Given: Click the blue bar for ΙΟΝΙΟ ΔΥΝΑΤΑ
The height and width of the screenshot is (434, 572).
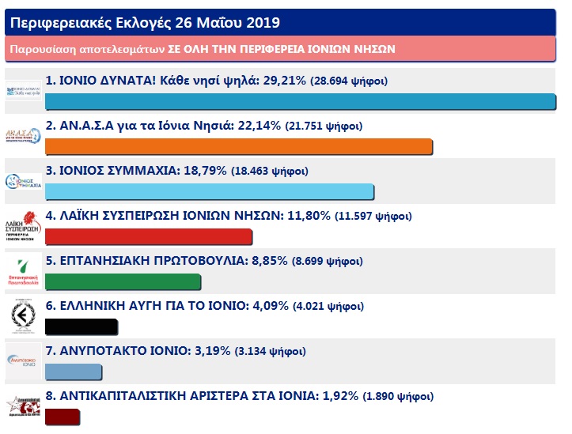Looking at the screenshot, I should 301,102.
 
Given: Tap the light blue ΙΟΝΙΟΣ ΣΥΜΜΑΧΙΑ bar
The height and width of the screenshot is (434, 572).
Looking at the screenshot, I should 210,192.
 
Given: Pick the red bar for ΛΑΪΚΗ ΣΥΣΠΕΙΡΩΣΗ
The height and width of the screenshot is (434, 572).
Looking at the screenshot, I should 149,237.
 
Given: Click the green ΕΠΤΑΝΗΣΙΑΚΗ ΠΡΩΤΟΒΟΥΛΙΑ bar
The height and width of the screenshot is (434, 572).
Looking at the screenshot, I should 123,282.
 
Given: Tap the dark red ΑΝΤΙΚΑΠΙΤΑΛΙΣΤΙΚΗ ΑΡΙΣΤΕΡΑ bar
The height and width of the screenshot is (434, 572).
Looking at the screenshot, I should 63,417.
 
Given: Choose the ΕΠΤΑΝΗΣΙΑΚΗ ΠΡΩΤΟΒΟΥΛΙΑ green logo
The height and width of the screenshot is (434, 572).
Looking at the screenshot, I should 23,273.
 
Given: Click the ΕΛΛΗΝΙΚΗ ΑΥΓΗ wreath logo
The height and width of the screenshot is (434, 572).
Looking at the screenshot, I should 23,318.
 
